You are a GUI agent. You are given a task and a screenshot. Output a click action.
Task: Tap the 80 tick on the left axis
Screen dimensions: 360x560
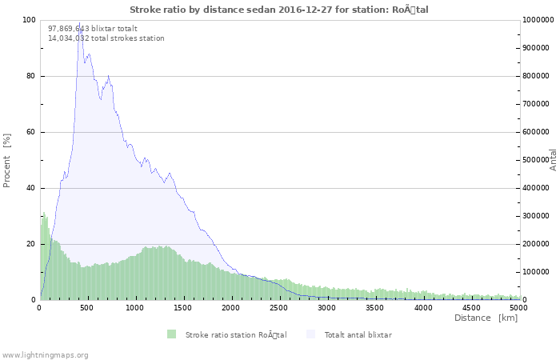[32, 76]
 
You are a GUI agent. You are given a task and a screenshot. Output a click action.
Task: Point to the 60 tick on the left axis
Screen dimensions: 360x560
[32, 132]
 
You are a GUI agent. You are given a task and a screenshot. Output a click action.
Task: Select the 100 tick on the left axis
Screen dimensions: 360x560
[30, 20]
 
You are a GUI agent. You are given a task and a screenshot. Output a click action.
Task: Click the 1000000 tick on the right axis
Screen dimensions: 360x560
[537, 20]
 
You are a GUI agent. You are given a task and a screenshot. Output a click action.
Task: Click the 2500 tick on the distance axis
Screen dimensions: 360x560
[279, 307]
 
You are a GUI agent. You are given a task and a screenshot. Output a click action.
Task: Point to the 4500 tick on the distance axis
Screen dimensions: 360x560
[471, 307]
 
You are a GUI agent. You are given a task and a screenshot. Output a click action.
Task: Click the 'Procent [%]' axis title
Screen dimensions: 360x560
[7, 160]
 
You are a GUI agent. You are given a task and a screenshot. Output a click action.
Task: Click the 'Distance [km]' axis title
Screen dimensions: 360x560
[486, 318]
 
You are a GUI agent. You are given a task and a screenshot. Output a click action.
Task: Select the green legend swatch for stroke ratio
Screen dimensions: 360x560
[171, 334]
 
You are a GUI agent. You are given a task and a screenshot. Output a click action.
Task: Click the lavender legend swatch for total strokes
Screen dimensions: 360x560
[311, 334]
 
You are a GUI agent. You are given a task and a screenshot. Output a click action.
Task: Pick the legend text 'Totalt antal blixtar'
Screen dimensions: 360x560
[358, 334]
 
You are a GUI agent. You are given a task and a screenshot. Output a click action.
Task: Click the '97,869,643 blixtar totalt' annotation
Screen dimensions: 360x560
[92, 28]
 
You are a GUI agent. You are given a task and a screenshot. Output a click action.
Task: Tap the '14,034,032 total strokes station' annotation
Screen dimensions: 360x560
[106, 38]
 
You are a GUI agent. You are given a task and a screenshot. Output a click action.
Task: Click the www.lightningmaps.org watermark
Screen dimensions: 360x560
[46, 354]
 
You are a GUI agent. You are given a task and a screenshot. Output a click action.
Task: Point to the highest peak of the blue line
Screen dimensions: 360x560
[78, 24]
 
